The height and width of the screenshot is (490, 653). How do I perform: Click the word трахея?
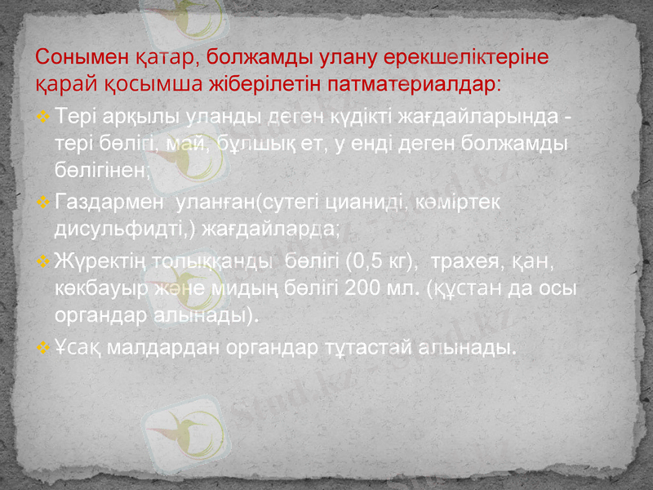(462, 262)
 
